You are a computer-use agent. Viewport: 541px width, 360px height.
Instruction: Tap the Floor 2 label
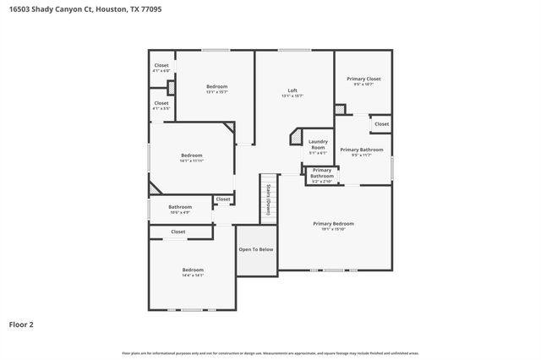point(21,324)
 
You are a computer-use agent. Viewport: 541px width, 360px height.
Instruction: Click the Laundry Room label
point(318,145)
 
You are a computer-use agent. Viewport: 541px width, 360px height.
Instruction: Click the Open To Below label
point(256,249)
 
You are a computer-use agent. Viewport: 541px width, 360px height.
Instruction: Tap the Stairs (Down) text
point(268,199)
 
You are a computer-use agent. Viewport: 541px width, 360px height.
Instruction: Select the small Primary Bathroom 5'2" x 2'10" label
point(322,173)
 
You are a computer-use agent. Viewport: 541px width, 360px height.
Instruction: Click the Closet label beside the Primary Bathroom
point(382,124)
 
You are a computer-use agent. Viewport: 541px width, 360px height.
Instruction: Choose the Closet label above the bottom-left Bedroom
point(178,232)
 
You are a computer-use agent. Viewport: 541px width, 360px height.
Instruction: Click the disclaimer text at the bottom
point(270,352)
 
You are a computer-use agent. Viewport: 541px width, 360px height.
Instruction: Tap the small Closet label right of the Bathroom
point(223,199)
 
